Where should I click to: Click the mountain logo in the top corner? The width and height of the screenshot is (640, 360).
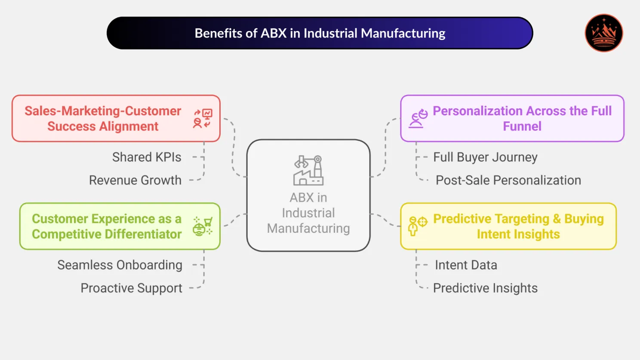604,33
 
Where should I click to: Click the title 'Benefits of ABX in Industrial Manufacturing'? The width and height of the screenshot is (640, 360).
320,33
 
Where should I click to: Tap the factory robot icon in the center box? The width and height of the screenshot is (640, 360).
308,170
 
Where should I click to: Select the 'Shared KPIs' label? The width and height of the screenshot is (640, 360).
147,157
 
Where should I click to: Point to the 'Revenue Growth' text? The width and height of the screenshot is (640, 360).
135,180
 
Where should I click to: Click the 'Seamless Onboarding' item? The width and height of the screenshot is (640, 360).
120,265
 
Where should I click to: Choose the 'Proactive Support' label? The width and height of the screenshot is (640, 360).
131,288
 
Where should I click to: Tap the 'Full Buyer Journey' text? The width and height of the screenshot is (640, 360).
485,157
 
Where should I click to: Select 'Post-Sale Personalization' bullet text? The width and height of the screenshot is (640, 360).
508,180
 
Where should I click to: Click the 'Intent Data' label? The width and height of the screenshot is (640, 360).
466,265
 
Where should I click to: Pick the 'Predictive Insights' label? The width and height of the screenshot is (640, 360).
485,288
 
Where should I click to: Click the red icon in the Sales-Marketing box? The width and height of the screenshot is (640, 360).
203,119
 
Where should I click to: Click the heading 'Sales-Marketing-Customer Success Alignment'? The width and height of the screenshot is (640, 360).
103,119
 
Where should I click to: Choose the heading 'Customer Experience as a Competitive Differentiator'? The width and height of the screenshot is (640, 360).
107,227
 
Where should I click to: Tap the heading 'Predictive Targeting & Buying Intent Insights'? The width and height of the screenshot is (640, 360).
518,227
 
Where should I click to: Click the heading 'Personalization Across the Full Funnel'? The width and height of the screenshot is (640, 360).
522,119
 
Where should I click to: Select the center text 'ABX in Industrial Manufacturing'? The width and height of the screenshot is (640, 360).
308,213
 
